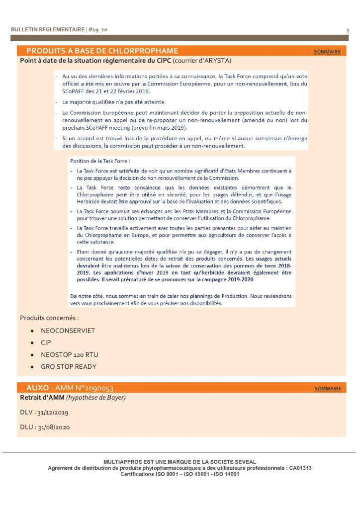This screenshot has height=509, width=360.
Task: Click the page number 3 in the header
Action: point(347,30)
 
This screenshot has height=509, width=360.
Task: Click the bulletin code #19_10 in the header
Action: point(98,30)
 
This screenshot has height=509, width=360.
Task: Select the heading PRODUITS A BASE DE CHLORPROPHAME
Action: point(102,51)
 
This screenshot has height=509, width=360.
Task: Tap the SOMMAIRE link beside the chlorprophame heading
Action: point(327,52)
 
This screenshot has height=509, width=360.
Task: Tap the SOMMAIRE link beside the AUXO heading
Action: point(328,389)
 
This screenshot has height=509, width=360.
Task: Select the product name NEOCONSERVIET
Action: point(68,331)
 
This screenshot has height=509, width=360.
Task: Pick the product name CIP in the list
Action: point(46,342)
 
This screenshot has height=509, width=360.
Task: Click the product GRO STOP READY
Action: point(69,366)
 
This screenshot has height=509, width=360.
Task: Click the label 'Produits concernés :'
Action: point(50,318)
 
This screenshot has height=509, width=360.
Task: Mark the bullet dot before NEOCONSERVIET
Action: point(32,331)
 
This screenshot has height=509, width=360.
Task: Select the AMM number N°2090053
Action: point(92,388)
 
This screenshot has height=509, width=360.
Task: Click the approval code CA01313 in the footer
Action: point(301,468)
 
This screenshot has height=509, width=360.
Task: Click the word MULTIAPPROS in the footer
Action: point(121,462)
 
